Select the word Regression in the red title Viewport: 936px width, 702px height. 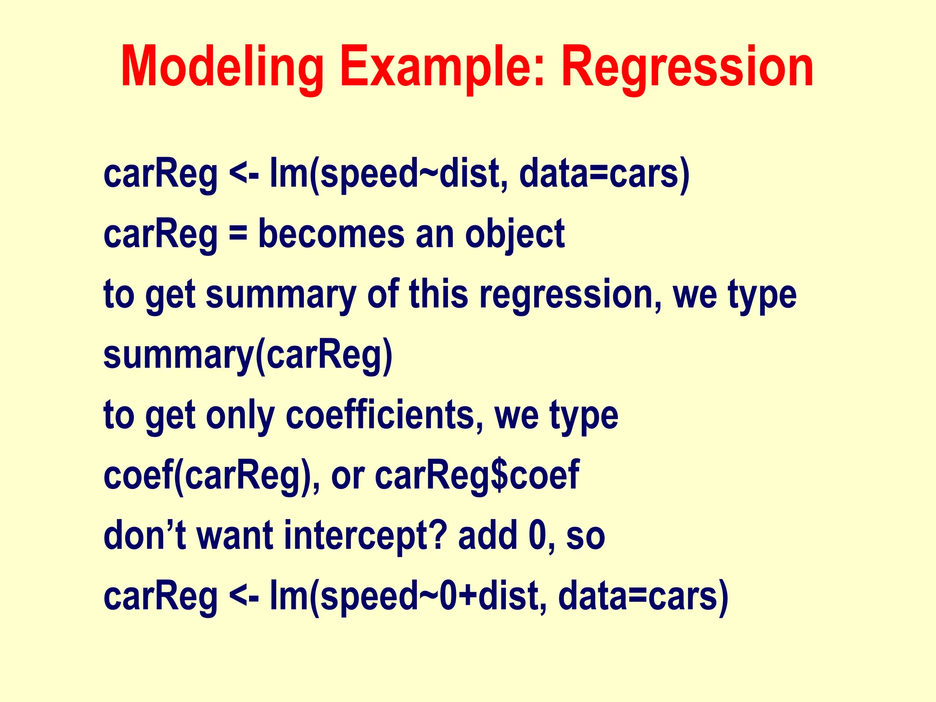[x=687, y=68]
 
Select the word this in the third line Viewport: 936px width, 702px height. [x=438, y=294]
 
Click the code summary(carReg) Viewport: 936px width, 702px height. [x=248, y=356]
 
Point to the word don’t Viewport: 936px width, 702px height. [x=144, y=536]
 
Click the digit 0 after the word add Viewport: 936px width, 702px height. [x=537, y=536]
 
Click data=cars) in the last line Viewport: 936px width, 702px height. [x=643, y=596]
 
